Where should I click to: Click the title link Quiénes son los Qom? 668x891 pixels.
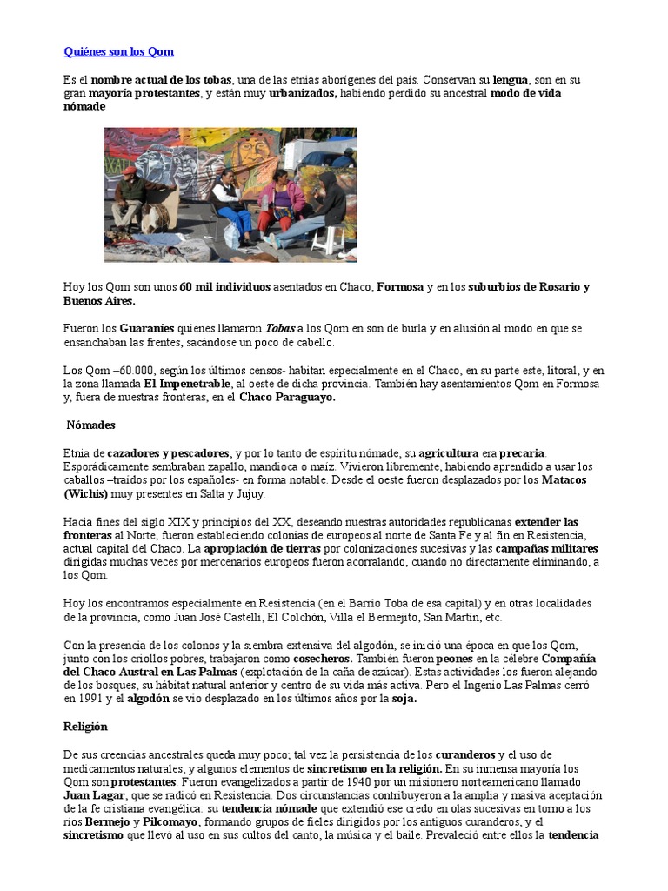118,52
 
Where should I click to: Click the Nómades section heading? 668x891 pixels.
90,425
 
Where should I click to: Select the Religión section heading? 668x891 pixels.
85,726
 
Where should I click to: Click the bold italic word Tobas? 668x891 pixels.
280,328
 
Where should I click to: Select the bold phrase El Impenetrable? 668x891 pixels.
187,384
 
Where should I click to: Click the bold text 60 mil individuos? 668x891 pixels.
225,287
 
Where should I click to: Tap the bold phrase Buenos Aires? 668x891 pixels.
99,301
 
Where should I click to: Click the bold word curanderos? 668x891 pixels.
466,754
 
